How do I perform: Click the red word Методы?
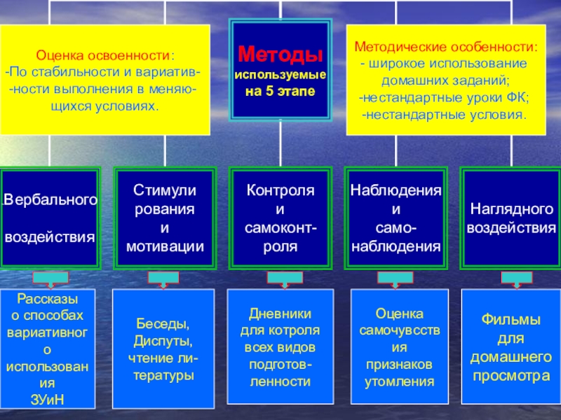(x=280, y=55)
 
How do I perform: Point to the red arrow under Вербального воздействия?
(x=50, y=279)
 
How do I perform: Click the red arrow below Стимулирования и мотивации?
(x=165, y=279)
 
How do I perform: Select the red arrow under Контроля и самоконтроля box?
(x=280, y=279)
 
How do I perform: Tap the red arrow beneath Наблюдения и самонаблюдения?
(x=396, y=279)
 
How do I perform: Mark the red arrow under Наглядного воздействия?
(x=511, y=279)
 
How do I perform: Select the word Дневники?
(x=280, y=314)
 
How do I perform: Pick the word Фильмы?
(x=511, y=320)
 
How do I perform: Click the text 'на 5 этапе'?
(x=280, y=92)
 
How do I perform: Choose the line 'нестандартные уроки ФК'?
(x=445, y=97)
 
